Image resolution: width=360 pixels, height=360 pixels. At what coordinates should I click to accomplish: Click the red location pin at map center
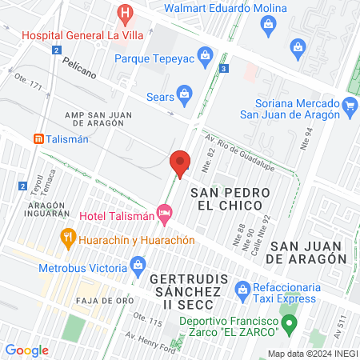coord(181,162)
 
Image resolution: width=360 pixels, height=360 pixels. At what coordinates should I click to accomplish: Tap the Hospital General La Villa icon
coord(124,13)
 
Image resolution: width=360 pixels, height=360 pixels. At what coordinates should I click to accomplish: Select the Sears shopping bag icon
coord(185,93)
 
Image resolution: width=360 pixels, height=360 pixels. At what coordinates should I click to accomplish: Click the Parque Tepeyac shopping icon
coord(206,56)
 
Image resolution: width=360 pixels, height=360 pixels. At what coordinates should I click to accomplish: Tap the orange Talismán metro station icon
coord(38,138)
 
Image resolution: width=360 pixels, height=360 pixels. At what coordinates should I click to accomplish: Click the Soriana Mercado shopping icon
coord(349,105)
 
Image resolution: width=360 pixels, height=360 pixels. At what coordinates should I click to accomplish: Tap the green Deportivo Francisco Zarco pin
coord(291,323)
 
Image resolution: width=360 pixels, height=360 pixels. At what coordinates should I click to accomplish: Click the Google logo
coord(26,350)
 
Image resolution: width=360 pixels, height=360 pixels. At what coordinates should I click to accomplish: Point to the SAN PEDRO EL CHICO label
coord(226,199)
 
